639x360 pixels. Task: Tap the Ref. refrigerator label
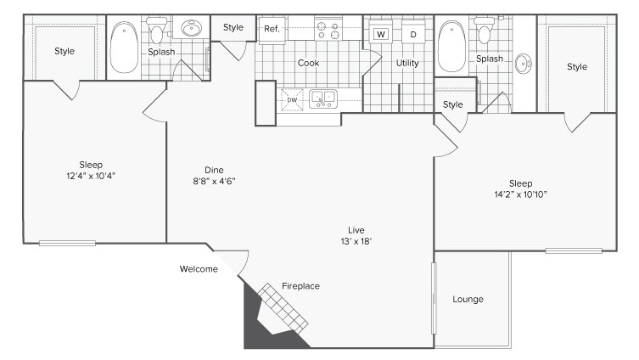click(272, 29)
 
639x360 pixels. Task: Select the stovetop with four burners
click(328, 30)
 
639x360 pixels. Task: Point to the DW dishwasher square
click(292, 100)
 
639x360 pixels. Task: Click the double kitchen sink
click(323, 99)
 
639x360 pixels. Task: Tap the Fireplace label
click(300, 286)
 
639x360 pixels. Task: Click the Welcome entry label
click(199, 269)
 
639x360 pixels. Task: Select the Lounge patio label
click(468, 299)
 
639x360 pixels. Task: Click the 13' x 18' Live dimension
click(356, 241)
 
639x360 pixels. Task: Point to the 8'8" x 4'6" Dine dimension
click(215, 181)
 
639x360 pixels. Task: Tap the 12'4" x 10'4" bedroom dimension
click(91, 176)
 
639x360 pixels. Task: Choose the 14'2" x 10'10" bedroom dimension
click(520, 194)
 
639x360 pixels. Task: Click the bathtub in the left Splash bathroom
click(124, 47)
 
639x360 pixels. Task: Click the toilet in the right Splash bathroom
click(485, 31)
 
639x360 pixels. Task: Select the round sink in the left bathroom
click(192, 29)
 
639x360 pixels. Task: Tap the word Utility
click(407, 63)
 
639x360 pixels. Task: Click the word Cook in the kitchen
click(309, 63)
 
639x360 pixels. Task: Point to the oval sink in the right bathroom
click(524, 64)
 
